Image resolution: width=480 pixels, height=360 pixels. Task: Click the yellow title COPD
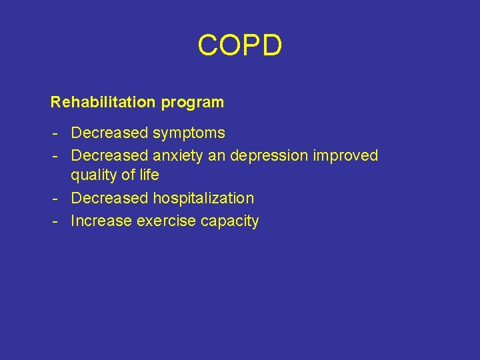[240, 46]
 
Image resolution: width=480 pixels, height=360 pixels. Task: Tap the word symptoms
[189, 134]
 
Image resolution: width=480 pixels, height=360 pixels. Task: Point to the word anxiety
[179, 157]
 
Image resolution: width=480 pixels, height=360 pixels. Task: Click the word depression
[269, 157]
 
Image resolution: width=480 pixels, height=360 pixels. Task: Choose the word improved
[345, 156]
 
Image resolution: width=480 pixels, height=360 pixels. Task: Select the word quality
[95, 176]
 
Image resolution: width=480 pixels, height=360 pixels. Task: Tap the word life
[148, 175]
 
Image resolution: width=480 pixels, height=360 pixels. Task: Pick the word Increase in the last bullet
[101, 221]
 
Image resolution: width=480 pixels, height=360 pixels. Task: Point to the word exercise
[163, 221]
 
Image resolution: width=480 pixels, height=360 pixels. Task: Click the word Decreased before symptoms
[109, 133]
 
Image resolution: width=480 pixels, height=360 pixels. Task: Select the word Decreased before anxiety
[109, 156]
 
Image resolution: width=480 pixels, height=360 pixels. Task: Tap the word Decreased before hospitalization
[109, 199]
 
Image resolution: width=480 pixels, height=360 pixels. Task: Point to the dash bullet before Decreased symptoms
[56, 134]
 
